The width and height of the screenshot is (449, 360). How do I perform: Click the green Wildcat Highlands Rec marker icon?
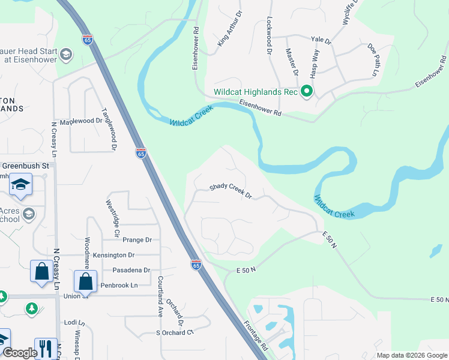click(x=307, y=92)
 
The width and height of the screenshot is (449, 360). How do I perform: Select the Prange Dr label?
click(x=137, y=240)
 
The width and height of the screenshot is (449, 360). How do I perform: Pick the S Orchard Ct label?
click(x=175, y=332)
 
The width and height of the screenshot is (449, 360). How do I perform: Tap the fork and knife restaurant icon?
click(x=46, y=349)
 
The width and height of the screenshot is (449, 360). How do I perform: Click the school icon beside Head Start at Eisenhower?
click(x=66, y=55)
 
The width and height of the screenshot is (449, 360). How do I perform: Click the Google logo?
click(x=20, y=353)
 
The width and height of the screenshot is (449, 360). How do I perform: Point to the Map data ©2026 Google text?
click(x=412, y=355)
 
